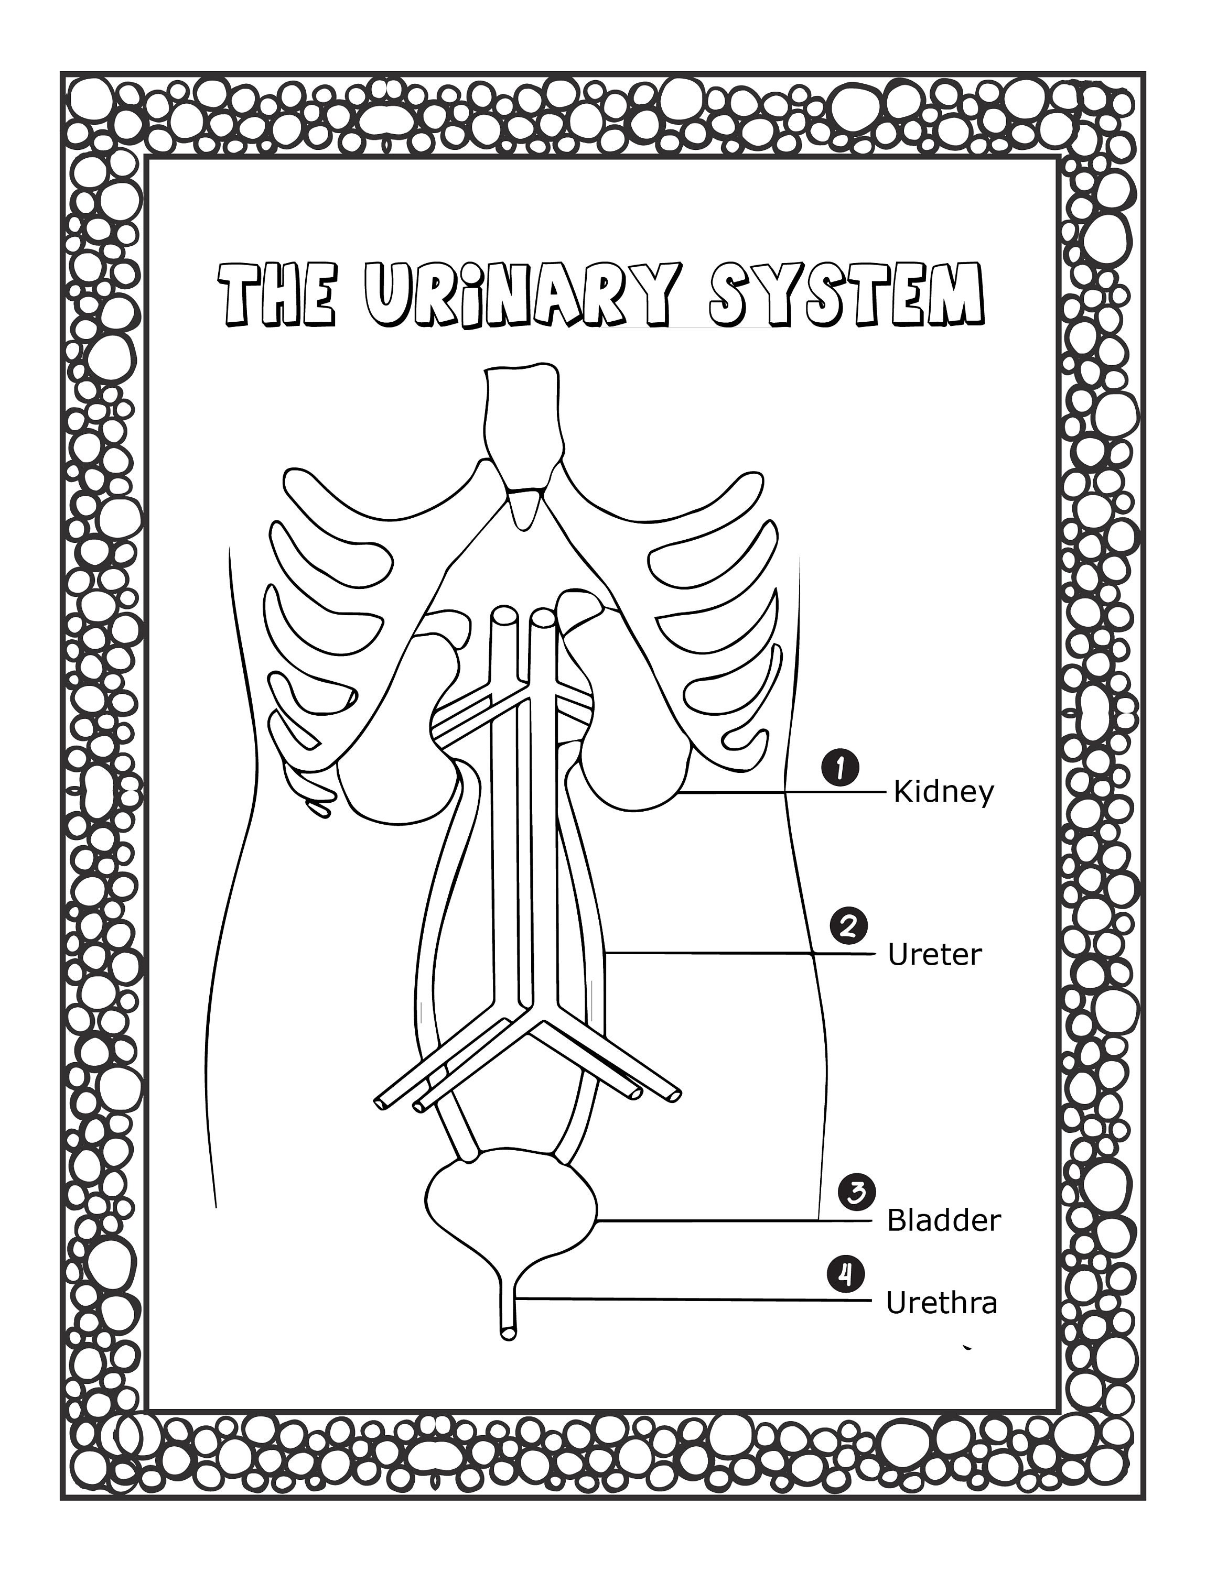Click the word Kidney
click(943, 793)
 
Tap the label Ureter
click(934, 955)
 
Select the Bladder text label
click(943, 1220)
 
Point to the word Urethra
click(941, 1303)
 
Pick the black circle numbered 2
click(848, 927)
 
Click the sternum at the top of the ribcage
click(521, 423)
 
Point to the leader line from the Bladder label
click(718, 1220)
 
